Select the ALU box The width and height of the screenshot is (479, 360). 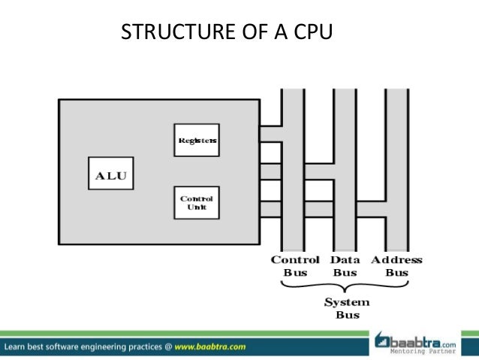click(110, 177)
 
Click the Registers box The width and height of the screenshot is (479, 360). click(197, 140)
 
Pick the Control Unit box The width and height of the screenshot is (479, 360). click(197, 202)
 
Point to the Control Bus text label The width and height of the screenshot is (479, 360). click(295, 266)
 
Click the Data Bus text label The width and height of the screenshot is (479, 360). click(345, 266)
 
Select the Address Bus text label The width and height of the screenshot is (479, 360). click(396, 266)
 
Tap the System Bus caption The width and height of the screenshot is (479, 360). click(346, 308)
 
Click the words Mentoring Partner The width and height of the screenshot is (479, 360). click(424, 351)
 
